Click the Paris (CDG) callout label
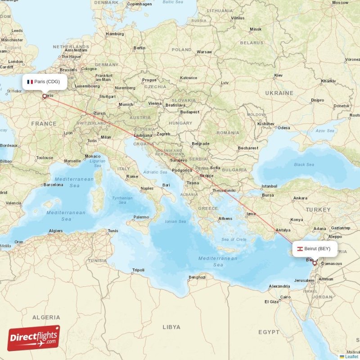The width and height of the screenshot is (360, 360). tap(45, 81)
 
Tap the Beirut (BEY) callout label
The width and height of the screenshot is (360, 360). tap(315, 248)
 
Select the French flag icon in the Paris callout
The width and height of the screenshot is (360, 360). tap(30, 82)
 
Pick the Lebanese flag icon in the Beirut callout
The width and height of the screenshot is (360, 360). tap(299, 249)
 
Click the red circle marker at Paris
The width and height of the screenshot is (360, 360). tap(44, 96)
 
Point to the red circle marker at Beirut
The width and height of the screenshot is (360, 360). tap(315, 262)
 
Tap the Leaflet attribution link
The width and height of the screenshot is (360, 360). tap(351, 356)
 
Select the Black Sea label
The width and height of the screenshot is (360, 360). tap(304, 165)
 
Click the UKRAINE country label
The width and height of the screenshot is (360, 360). tap(279, 93)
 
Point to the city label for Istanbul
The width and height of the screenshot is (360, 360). tap(270, 186)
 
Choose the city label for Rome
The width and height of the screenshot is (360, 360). tap(132, 176)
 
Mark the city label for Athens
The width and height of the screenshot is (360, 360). tap(225, 219)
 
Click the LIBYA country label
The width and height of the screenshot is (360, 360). tap(171, 327)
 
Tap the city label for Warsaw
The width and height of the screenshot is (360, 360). tap(204, 52)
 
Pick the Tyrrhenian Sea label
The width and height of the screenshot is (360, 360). tap(122, 200)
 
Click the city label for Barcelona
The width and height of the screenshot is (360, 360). tap(54, 184)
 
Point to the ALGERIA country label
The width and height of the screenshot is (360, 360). tap(46, 317)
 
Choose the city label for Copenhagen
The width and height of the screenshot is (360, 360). tap(139, 4)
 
